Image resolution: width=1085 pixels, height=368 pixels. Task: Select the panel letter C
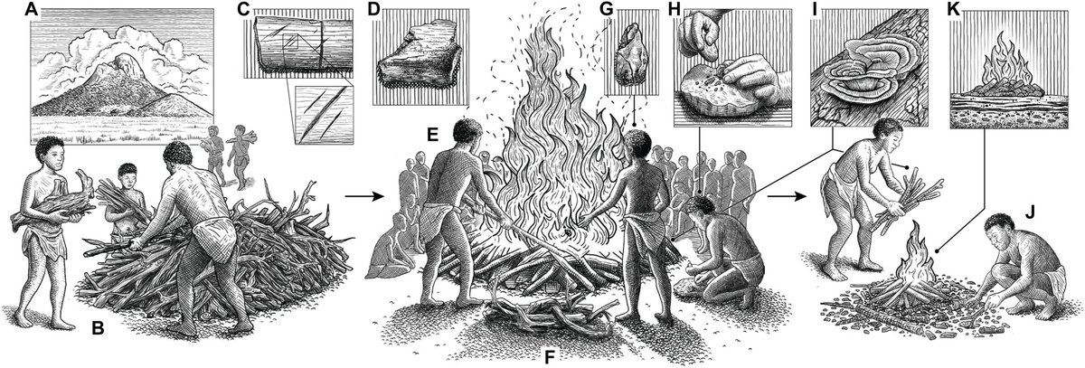tap(241, 12)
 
